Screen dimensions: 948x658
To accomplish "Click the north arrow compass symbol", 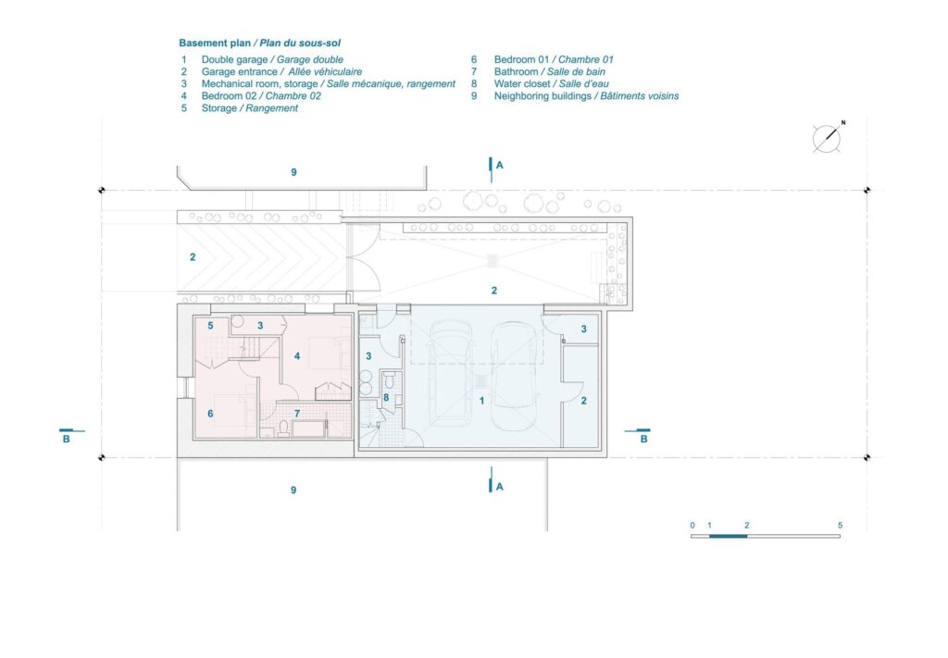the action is pyautogui.click(x=827, y=138).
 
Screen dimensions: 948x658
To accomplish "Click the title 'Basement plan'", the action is pyautogui.click(x=215, y=43).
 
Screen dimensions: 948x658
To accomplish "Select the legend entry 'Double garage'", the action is pyautogui.click(x=234, y=59).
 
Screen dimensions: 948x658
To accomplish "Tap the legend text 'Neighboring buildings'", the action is pyautogui.click(x=543, y=95).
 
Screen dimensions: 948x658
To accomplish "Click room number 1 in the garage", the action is pyautogui.click(x=481, y=401).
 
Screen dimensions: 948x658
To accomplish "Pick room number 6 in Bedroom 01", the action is pyautogui.click(x=210, y=414).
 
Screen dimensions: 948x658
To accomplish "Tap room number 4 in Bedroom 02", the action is pyautogui.click(x=297, y=356).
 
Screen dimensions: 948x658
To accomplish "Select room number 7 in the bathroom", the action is pyautogui.click(x=297, y=414).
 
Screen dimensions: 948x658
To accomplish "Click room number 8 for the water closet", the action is pyautogui.click(x=386, y=398).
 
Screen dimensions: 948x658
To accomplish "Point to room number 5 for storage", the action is pyautogui.click(x=210, y=326).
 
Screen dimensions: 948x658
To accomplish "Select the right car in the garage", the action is pyautogui.click(x=515, y=375).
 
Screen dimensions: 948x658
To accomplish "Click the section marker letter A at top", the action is pyautogui.click(x=499, y=165).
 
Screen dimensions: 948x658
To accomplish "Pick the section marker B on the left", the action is pyautogui.click(x=67, y=439).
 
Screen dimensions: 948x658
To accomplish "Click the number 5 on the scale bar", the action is pyautogui.click(x=840, y=525).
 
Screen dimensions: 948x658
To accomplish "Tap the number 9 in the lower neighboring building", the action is pyautogui.click(x=293, y=490).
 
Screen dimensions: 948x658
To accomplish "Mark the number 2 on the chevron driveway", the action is pyautogui.click(x=193, y=256).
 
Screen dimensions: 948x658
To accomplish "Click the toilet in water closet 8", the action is pyautogui.click(x=390, y=380).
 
